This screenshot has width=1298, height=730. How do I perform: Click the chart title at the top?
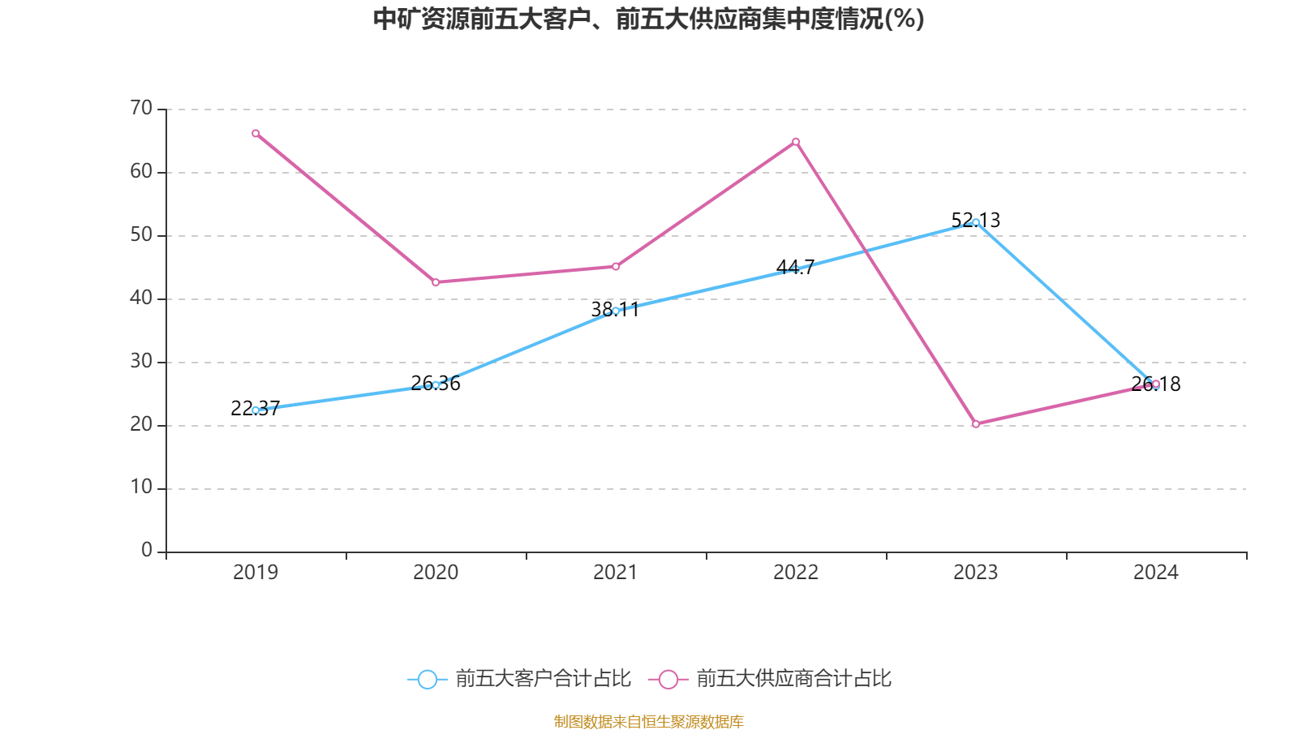coord(648,19)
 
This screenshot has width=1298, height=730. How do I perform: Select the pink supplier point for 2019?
coord(256,133)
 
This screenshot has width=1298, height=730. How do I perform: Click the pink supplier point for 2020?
coord(436,282)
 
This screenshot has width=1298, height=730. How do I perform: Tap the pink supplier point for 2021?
coord(616,267)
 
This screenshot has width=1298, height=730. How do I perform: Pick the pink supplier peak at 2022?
coord(796,142)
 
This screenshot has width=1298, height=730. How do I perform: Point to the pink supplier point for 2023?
coord(976,424)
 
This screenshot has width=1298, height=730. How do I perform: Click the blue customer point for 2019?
coord(256,410)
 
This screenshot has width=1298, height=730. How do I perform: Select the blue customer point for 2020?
coord(436,385)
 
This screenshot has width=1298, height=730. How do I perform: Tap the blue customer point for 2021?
coord(616,311)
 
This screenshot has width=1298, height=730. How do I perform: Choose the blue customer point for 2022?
coord(796,269)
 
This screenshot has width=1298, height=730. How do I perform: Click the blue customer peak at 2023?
coord(976,222)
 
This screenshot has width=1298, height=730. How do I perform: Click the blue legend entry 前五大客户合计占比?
coord(519,679)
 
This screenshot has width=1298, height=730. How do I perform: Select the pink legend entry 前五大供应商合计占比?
coord(771,679)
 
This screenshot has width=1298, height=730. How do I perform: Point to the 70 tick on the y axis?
coord(141,108)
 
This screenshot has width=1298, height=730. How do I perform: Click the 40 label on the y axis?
coord(141,298)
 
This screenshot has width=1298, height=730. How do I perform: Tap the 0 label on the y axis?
coord(147,551)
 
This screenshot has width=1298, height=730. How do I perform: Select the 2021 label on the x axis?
coord(616,573)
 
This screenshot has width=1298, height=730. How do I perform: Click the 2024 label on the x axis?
coord(1156,573)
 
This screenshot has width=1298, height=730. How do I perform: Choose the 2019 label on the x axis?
coord(256,573)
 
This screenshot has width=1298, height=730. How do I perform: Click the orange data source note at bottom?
coord(648,721)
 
